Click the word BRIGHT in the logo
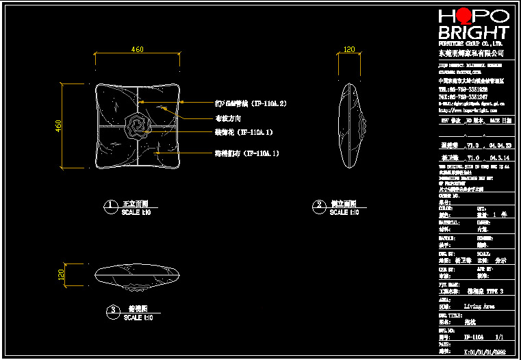click(473, 32)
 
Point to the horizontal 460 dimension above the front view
click(137, 49)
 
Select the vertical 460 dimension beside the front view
click(59, 126)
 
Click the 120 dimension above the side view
click(349, 49)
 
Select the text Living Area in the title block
click(479, 307)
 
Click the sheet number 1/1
click(498, 337)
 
